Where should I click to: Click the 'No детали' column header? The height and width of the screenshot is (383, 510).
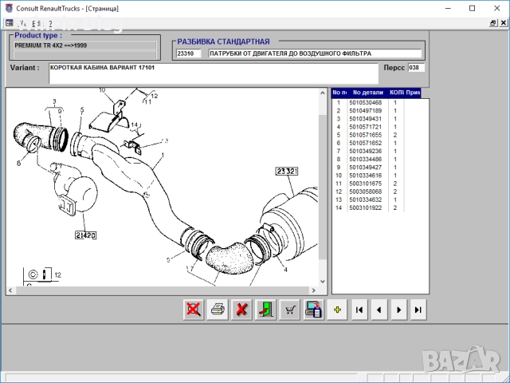pyautogui.click(x=367, y=93)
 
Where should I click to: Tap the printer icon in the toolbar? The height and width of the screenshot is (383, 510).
pyautogui.click(x=217, y=310)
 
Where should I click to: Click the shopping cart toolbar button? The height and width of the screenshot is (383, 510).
pyautogui.click(x=290, y=310)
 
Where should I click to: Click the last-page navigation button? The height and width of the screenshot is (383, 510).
pyautogui.click(x=417, y=310)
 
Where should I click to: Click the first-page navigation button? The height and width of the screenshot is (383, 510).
pyautogui.click(x=359, y=310)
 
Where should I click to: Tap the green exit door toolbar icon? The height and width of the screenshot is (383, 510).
pyautogui.click(x=265, y=310)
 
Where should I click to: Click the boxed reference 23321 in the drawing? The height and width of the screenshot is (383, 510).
pyautogui.click(x=287, y=171)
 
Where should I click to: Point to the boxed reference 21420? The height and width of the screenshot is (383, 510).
pyautogui.click(x=86, y=235)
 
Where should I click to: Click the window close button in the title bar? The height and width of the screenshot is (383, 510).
pyautogui.click(x=495, y=7)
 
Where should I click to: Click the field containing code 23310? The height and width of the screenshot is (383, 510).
pyautogui.click(x=188, y=54)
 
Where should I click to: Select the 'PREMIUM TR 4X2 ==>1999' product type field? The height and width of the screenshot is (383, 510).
pyautogui.click(x=84, y=45)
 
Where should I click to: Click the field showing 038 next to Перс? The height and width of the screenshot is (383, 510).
pyautogui.click(x=414, y=68)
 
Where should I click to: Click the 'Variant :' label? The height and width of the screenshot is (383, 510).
pyautogui.click(x=25, y=68)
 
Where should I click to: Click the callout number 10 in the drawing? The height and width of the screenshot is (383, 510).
pyautogui.click(x=102, y=91)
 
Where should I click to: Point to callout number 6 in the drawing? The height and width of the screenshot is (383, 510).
pyautogui.click(x=18, y=164)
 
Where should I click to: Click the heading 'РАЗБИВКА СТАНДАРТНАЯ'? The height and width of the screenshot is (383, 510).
pyautogui.click(x=223, y=41)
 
